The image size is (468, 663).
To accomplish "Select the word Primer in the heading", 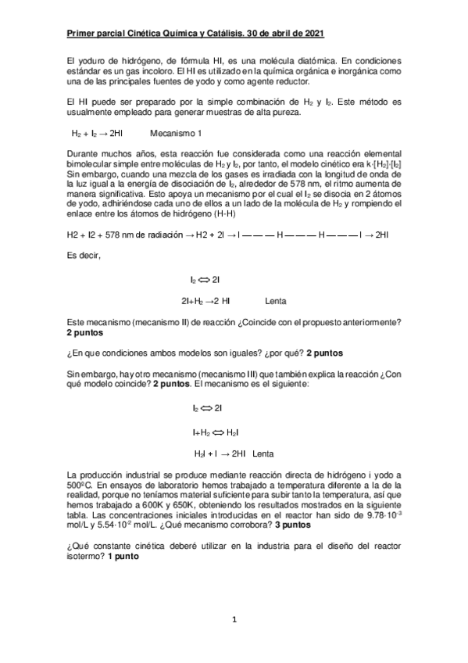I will [81, 34].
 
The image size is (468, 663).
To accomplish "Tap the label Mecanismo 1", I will [176, 132].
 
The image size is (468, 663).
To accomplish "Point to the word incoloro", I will [158, 71].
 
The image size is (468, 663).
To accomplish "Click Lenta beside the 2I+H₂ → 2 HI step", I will [275, 300].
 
